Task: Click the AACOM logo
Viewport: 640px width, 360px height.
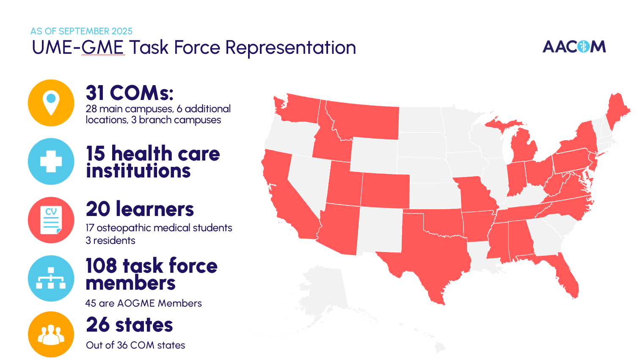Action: pos(574,47)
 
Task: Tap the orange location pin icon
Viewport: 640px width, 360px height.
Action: pos(51,103)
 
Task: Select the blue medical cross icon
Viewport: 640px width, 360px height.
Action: pos(51,161)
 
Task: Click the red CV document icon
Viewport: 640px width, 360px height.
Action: pos(51,220)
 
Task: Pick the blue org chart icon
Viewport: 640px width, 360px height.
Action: pos(51,278)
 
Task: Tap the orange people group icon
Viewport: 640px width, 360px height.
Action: pos(51,335)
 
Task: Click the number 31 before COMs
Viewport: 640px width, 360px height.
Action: pos(95,93)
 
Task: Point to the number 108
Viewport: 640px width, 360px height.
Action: pos(101,266)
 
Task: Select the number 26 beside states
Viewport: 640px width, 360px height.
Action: pos(98,325)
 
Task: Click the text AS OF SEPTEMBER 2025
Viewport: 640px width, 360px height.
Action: pos(81,31)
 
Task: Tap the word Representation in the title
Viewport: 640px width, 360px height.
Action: pos(290,47)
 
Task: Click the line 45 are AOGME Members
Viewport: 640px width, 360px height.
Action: pos(143,303)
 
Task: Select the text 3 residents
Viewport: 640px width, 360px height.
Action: pos(110,241)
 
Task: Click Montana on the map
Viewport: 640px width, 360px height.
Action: pos(364,121)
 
